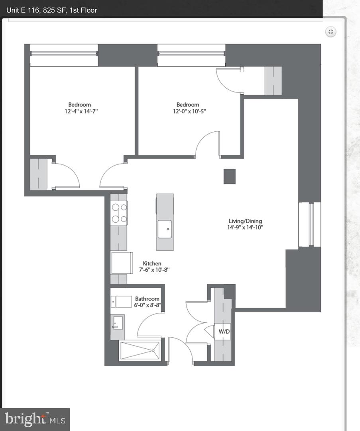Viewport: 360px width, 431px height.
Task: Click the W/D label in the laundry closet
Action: point(224,332)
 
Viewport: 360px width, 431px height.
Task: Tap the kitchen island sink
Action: point(165,229)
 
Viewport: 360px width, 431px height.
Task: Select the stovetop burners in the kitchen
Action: point(119,213)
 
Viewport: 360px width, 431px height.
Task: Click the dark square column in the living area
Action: point(229,176)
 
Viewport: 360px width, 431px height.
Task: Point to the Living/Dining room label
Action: point(245,221)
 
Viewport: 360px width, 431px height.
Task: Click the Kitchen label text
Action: point(152,263)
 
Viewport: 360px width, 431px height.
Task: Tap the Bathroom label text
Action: point(147,299)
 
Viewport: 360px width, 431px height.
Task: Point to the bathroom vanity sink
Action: point(116,324)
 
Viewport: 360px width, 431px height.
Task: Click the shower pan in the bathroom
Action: point(140,351)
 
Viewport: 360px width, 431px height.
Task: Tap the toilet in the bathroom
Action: point(121,301)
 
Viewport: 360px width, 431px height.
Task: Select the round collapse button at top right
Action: point(330,32)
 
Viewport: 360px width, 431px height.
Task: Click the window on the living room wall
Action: point(309,224)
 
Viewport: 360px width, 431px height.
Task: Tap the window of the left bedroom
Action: point(64,55)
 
